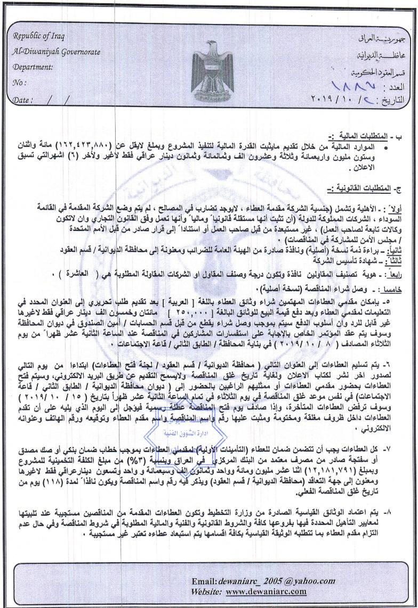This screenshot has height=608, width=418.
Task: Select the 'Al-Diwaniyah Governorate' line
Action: pyautogui.click(x=56, y=53)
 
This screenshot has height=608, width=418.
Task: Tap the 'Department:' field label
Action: pyautogui.click(x=33, y=68)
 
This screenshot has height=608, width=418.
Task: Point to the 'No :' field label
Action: pyautogui.click(x=19, y=83)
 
